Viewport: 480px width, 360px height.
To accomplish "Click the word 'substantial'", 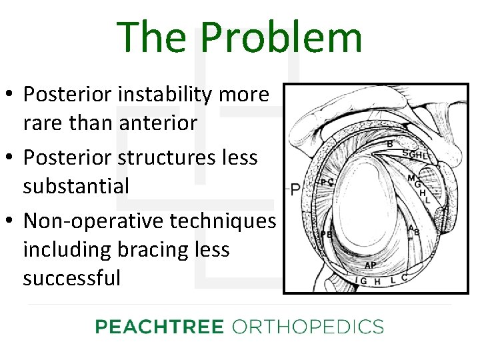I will coord(76,186).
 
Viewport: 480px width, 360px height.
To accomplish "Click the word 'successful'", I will coord(72,277).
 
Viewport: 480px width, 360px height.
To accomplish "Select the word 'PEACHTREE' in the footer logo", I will coord(159,327).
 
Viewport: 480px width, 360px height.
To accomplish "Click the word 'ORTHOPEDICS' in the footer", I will coord(307,327).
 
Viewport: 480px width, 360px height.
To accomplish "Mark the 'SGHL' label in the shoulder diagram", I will coord(415,155).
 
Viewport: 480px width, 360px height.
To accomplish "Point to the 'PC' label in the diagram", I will coord(327,182).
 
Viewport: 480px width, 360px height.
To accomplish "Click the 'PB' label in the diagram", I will coord(327,235).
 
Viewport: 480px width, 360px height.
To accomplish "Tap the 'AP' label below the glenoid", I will coord(370,265).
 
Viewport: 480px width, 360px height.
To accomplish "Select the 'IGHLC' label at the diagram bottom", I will coord(383,281).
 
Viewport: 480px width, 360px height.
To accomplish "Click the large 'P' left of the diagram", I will coord(295,190).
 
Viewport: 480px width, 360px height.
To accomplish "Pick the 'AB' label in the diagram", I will coord(414,230).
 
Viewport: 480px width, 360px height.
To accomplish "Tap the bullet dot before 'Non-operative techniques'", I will coord(11,221).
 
